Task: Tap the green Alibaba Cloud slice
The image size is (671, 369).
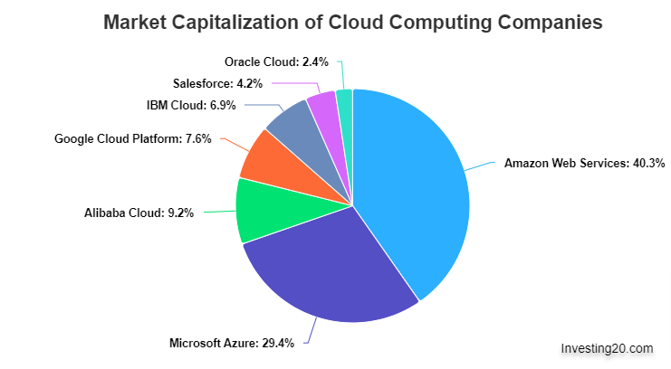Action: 265,211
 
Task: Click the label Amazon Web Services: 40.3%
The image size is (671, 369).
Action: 585,163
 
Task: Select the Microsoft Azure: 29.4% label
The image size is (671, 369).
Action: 232,343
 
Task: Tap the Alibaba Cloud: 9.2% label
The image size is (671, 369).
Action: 139,213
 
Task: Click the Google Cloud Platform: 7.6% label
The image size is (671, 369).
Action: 133,138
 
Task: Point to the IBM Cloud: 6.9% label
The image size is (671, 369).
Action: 191,105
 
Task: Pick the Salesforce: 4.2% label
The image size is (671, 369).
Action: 218,83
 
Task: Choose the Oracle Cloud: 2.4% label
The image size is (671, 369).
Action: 276,62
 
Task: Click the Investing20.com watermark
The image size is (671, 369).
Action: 608,348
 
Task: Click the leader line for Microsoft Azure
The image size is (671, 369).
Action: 311,330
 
